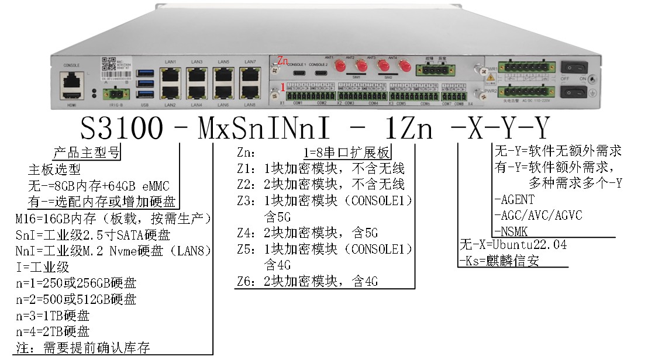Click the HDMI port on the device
pyautogui.click(x=71, y=94)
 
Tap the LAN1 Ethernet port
pyautogui.click(x=171, y=75)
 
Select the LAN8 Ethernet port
pyautogui.click(x=250, y=91)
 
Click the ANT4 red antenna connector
pyautogui.click(x=403, y=66)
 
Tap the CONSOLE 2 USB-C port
pyautogui.click(x=321, y=73)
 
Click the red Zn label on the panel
pyautogui.click(x=282, y=60)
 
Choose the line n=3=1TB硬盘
pyautogui.click(x=53, y=316)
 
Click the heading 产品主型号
pyautogui.click(x=87, y=154)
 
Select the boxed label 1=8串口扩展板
pyautogui.click(x=346, y=153)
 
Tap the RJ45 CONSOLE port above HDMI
pyautogui.click(x=71, y=78)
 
